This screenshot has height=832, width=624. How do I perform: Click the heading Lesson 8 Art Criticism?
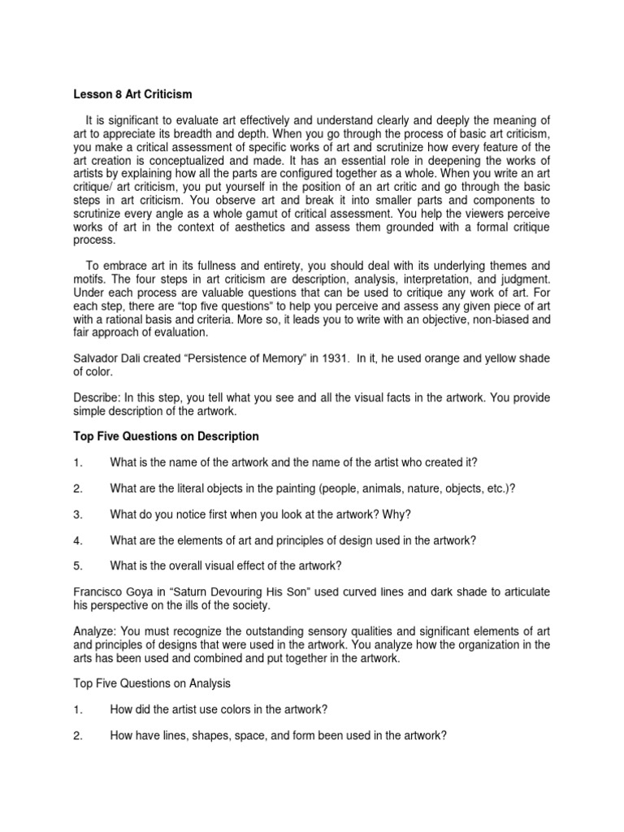coord(132,93)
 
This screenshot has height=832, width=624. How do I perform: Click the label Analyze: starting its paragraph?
coord(95,632)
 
